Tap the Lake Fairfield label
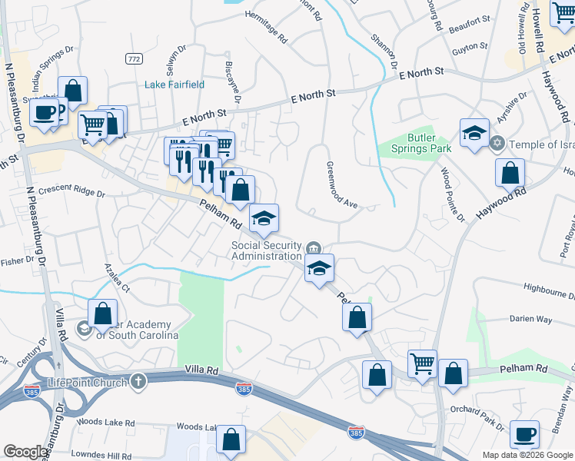click(x=173, y=85)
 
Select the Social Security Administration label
click(x=267, y=250)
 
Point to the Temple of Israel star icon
click(x=497, y=144)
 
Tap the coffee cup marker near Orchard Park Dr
click(x=525, y=435)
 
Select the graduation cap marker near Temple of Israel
click(x=474, y=133)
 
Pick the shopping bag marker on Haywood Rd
click(x=510, y=173)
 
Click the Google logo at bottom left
click(x=25, y=452)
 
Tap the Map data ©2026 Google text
click(x=527, y=455)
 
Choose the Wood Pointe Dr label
click(x=453, y=195)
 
